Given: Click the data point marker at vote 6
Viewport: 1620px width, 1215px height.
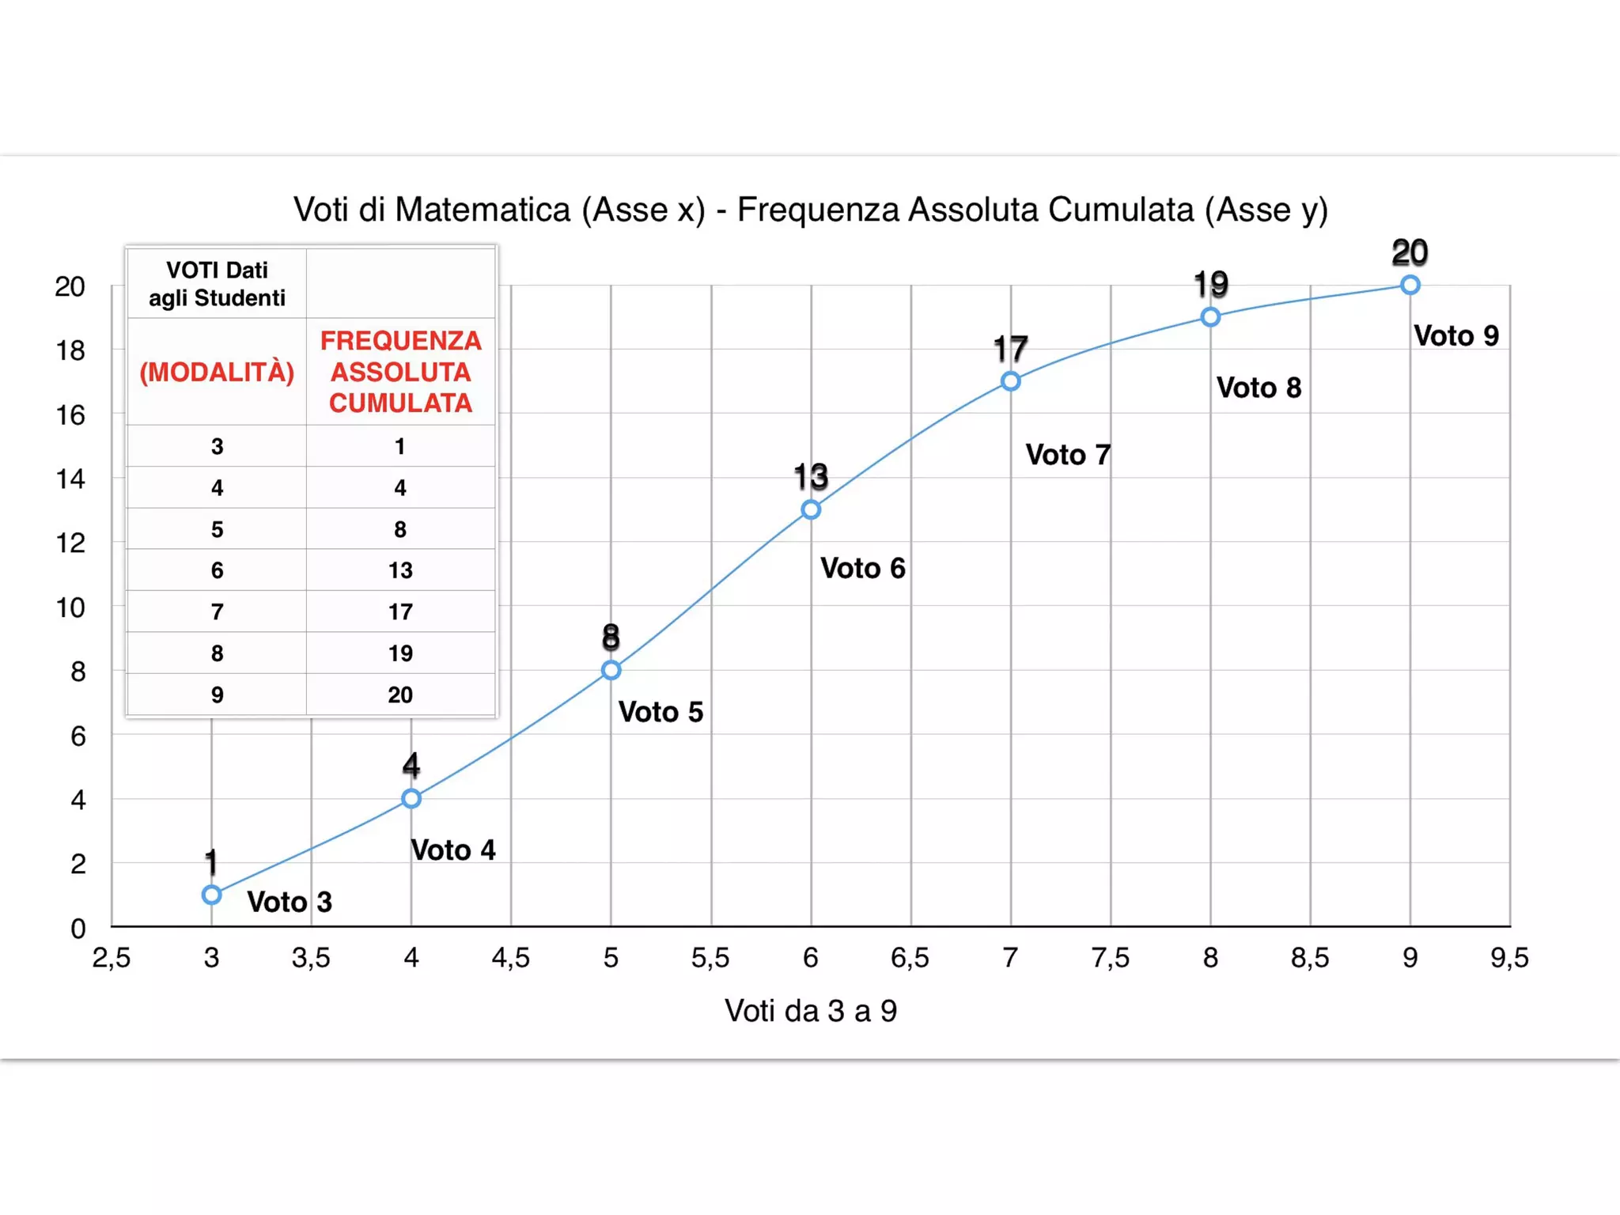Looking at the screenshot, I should point(810,509).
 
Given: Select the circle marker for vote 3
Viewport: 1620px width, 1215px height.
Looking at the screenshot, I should point(211,895).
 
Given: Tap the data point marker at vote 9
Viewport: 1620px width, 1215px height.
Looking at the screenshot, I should point(1410,285).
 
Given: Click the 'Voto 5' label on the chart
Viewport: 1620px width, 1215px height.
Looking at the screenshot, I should point(660,712).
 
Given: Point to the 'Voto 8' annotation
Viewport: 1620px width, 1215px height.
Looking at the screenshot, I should point(1259,388).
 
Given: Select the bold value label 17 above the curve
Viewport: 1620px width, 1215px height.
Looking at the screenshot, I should point(1010,349).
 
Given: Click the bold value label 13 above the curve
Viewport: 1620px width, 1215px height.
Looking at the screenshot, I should point(811,477).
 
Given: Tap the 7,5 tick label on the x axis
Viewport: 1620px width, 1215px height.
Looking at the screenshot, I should point(1110,958).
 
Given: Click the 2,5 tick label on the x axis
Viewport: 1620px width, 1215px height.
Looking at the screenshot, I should point(112,958).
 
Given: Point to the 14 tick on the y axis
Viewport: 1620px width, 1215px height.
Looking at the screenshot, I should point(70,479).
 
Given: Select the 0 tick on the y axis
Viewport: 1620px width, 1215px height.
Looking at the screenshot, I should point(78,928).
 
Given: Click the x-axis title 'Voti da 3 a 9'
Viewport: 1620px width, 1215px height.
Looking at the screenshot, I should point(811,1011).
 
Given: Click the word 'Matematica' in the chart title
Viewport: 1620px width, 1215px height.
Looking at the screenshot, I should point(483,210).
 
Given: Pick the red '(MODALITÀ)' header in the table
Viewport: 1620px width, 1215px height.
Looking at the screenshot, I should point(217,372).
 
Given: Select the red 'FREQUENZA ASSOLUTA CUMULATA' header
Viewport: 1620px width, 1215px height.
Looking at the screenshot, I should point(400,372).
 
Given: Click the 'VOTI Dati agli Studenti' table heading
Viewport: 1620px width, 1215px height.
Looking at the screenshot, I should point(217,284).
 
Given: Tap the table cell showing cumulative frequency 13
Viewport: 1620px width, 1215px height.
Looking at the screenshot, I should point(400,570).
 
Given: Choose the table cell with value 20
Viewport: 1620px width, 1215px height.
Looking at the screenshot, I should point(400,695).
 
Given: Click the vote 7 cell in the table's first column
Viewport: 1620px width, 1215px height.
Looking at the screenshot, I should point(217,611).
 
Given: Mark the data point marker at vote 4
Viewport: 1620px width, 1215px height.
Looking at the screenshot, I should point(411,798).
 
